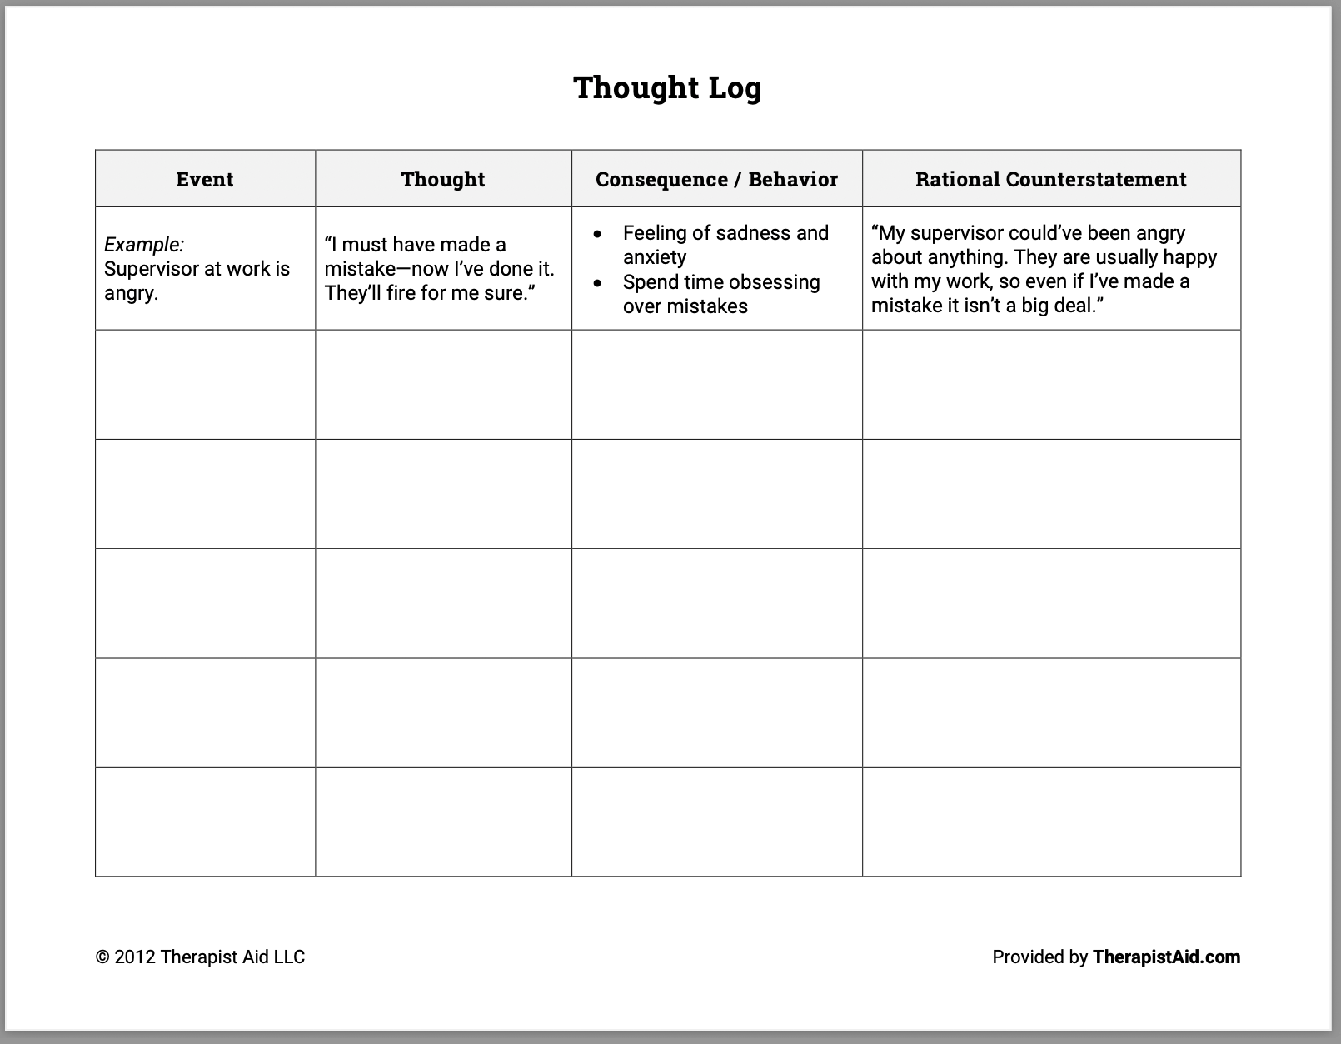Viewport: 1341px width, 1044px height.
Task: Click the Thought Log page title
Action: tap(667, 88)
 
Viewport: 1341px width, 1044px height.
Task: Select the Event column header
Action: tap(205, 179)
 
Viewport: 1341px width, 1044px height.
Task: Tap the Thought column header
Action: tap(443, 179)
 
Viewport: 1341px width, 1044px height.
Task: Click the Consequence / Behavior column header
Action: tap(716, 179)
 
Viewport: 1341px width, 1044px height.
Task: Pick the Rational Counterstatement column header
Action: tap(1051, 179)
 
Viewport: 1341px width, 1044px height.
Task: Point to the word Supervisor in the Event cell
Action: tap(150, 269)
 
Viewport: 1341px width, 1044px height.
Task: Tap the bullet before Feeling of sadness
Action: tap(597, 234)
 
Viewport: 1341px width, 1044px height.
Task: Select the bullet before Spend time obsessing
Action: tap(597, 283)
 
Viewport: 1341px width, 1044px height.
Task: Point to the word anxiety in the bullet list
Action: tap(655, 257)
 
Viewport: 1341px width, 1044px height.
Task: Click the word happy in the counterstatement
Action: tap(1190, 257)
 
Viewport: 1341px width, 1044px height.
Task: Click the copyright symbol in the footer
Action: tap(102, 957)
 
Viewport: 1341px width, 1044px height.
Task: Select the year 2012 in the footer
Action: tap(134, 957)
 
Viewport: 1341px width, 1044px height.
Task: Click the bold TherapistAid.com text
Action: tap(1166, 957)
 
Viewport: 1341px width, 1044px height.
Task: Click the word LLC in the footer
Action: tap(287, 957)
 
